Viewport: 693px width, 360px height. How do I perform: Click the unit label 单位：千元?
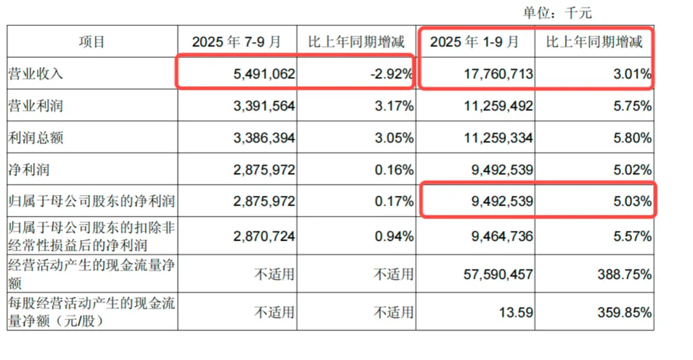point(557,12)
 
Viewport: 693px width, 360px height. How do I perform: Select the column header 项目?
point(92,42)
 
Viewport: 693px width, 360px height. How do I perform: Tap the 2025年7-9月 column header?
point(237,42)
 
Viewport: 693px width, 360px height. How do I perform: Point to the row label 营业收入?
point(35,75)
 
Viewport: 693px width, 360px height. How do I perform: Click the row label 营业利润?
point(35,106)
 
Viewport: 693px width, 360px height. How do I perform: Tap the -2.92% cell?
point(391,75)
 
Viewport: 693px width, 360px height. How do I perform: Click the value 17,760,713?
point(496,75)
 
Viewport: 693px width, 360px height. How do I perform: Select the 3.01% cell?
point(631,75)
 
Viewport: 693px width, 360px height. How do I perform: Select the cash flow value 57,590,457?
point(493,274)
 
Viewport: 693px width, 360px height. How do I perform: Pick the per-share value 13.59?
point(517,313)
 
